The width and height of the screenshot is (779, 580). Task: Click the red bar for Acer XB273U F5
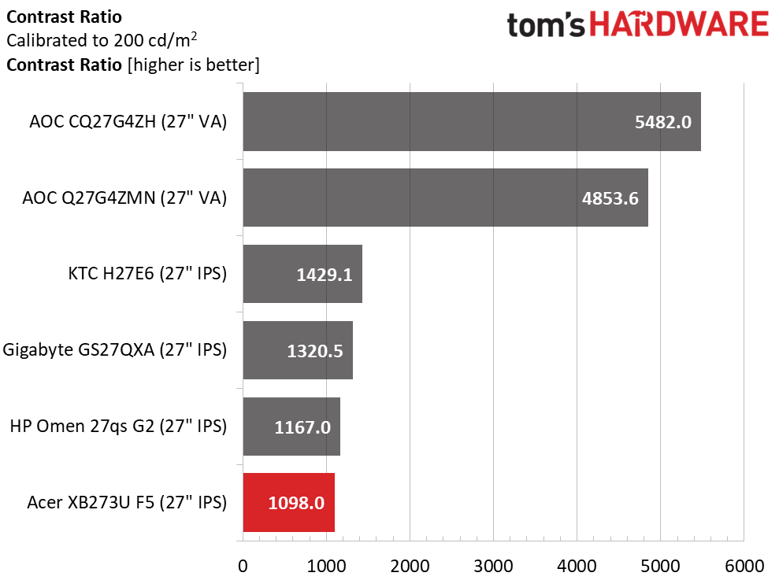click(x=288, y=501)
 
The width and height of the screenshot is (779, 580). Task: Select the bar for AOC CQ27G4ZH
click(x=471, y=121)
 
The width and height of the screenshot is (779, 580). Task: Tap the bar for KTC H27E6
click(x=302, y=273)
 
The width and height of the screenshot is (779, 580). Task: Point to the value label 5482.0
click(x=662, y=122)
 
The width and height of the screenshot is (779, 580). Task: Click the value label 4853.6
click(x=610, y=198)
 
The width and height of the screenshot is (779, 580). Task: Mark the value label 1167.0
click(x=302, y=427)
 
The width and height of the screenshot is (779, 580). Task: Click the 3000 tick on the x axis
click(x=493, y=566)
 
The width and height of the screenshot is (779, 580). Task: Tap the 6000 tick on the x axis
click(x=744, y=566)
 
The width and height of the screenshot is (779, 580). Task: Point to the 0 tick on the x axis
click(x=243, y=566)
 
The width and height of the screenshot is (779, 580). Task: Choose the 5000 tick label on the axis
click(x=660, y=566)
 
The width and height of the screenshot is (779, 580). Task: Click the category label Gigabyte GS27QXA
click(x=115, y=350)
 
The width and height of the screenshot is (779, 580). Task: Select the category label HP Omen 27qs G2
click(x=118, y=427)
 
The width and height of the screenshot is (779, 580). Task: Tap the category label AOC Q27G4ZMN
click(x=124, y=198)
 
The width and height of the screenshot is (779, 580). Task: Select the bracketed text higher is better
click(x=193, y=65)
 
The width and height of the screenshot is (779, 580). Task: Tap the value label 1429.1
click(x=325, y=275)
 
